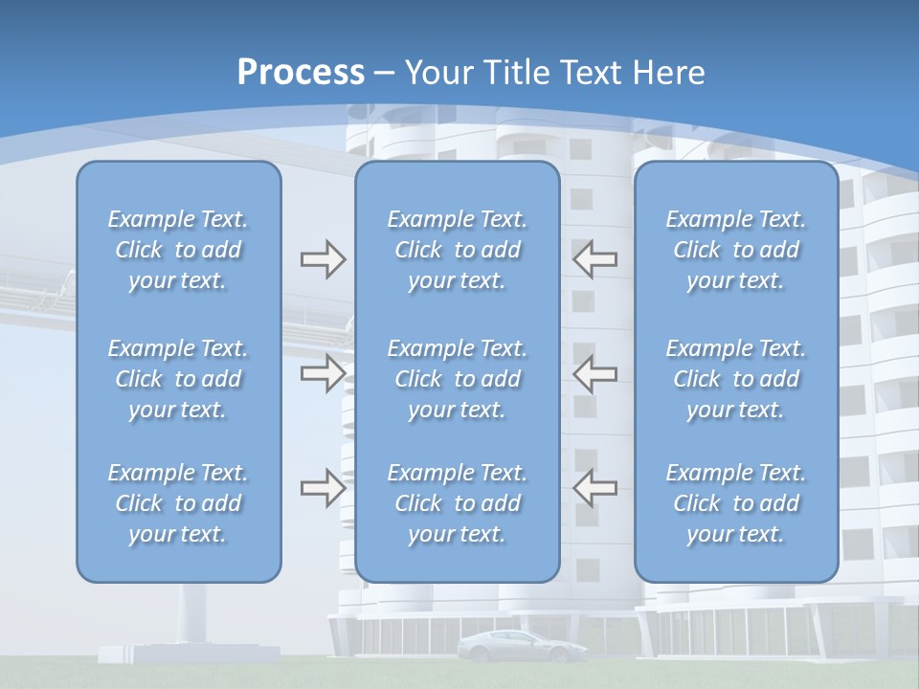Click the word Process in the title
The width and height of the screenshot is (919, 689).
click(x=301, y=72)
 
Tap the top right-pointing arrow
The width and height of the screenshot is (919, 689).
click(x=323, y=259)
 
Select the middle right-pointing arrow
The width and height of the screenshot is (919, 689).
click(x=323, y=373)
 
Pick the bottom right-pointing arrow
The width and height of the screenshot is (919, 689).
click(x=323, y=488)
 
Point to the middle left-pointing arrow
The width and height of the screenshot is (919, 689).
click(x=594, y=373)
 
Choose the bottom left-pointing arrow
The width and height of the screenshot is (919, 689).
click(x=594, y=488)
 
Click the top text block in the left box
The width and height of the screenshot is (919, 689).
click(x=178, y=250)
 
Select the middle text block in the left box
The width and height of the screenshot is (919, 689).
click(x=178, y=379)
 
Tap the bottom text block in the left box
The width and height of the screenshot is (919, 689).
click(x=178, y=503)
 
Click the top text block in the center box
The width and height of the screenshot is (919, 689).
click(x=458, y=250)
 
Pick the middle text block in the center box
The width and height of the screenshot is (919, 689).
click(x=458, y=379)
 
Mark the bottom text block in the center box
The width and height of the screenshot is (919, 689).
click(x=458, y=503)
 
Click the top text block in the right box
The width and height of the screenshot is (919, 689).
click(x=736, y=250)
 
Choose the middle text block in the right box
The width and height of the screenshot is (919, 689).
click(x=736, y=379)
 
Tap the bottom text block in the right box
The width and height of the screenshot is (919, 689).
click(x=736, y=503)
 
